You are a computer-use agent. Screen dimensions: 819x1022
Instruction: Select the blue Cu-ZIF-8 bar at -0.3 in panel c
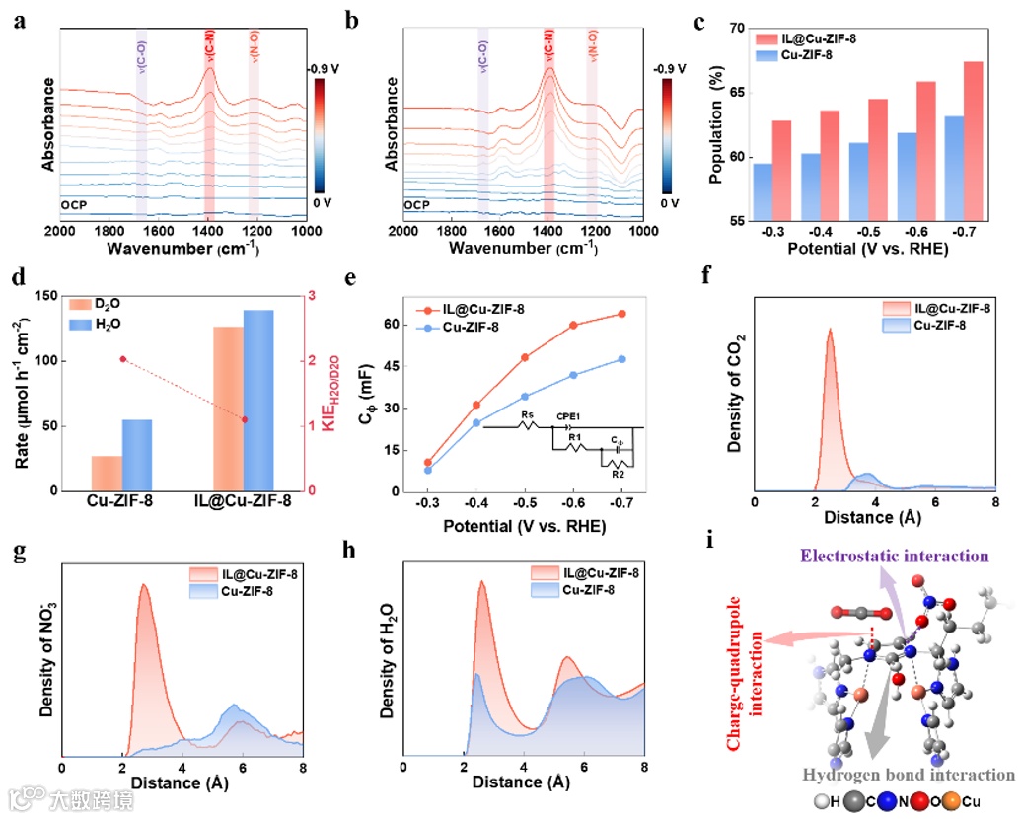tap(762, 191)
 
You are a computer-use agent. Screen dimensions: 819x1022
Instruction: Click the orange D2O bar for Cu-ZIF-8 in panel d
tap(106, 473)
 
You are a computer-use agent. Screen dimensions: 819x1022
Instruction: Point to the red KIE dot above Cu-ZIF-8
tap(122, 359)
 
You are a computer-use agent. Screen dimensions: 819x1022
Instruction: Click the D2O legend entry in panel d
tap(93, 302)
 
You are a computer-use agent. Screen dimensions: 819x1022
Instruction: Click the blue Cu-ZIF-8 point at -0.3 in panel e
tap(427, 470)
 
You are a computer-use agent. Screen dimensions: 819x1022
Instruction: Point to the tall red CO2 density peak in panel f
tap(830, 334)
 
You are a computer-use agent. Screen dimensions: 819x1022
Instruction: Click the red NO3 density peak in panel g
tap(145, 587)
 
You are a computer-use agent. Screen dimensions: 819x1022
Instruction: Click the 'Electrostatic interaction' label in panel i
tap(895, 557)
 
